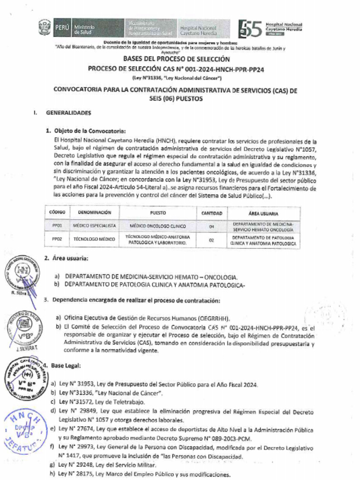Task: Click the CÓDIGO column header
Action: tap(57, 213)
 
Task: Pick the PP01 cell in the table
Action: tap(57, 226)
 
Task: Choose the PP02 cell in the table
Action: tap(57, 240)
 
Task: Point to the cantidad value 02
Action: tap(211, 240)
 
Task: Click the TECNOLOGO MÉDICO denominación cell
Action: tap(94, 240)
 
